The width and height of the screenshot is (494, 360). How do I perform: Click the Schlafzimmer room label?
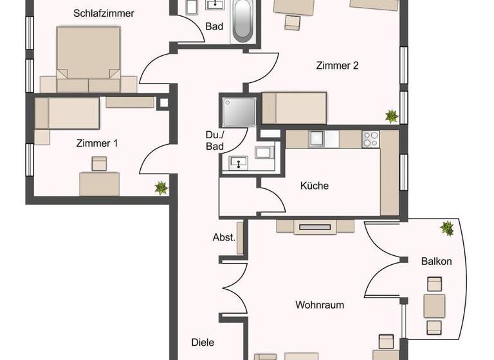(x=104, y=12)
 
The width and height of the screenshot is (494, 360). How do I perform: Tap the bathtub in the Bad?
(x=243, y=21)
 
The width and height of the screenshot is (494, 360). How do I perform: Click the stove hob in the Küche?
(x=370, y=139)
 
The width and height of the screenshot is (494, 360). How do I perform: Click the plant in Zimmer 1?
(x=161, y=188)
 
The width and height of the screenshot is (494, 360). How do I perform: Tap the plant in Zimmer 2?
(x=390, y=116)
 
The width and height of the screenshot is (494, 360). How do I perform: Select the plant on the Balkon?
(x=446, y=228)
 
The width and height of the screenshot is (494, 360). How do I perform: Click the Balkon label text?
(x=436, y=261)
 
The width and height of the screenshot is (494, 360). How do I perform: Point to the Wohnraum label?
(x=320, y=304)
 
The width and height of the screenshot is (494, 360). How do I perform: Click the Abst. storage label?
(x=224, y=237)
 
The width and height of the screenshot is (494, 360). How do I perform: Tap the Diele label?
(x=203, y=343)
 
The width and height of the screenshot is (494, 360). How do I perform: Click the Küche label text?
(x=315, y=186)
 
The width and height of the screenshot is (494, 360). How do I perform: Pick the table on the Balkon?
(x=434, y=305)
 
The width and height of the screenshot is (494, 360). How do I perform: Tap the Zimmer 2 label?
(x=337, y=65)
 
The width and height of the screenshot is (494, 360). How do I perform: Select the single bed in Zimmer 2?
(x=294, y=107)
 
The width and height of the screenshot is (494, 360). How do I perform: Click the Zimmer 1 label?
(x=96, y=143)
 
